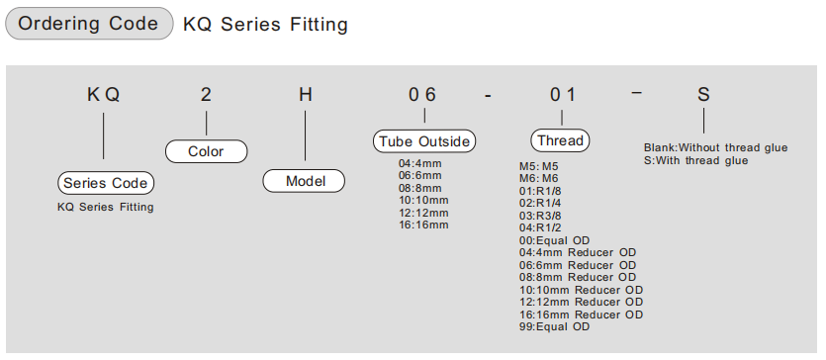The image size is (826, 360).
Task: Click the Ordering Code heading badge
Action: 89,23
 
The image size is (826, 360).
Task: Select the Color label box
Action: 206,151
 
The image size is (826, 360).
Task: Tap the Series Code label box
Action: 106,183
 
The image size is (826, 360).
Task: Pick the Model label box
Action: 304,181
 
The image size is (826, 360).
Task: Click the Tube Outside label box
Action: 424,141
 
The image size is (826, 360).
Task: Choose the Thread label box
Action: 560,140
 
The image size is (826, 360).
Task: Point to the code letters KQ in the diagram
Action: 103,95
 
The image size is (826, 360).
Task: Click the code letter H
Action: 306,95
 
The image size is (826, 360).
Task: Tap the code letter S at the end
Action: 703,95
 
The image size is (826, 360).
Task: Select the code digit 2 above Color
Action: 206,95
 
